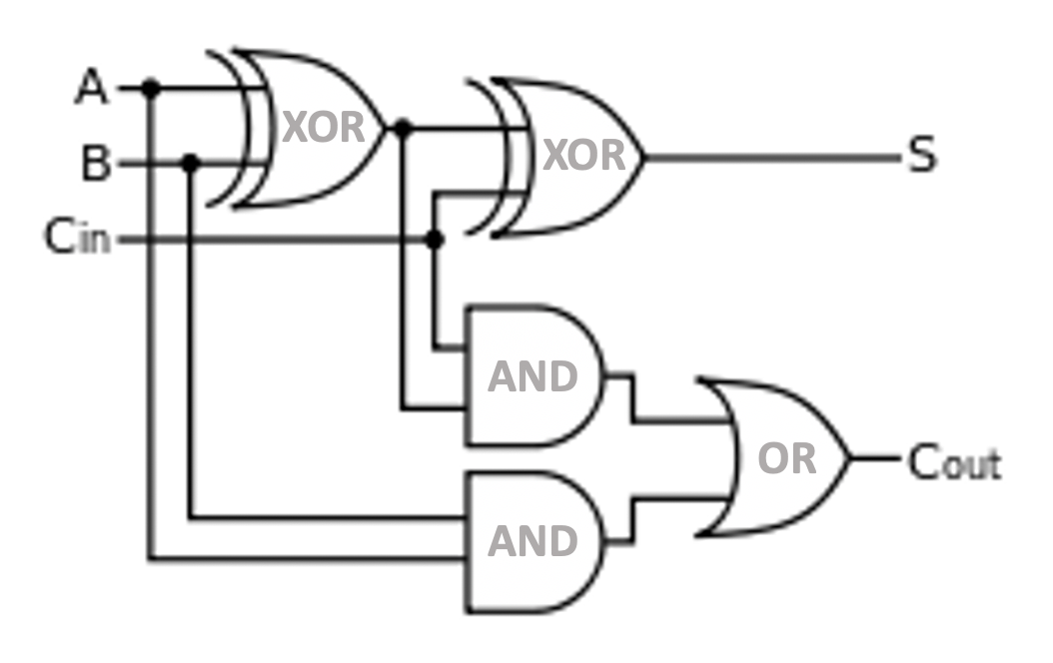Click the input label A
91,88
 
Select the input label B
95,163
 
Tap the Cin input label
77,239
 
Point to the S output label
921,156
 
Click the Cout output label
953,462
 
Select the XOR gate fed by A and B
315,128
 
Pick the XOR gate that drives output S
574,157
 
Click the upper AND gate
531,376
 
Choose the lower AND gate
531,541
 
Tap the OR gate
783,458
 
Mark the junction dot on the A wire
151,89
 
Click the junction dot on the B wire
192,163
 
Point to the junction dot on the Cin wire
434,240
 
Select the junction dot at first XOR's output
403,129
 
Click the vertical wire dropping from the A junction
151,349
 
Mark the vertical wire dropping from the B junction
192,349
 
